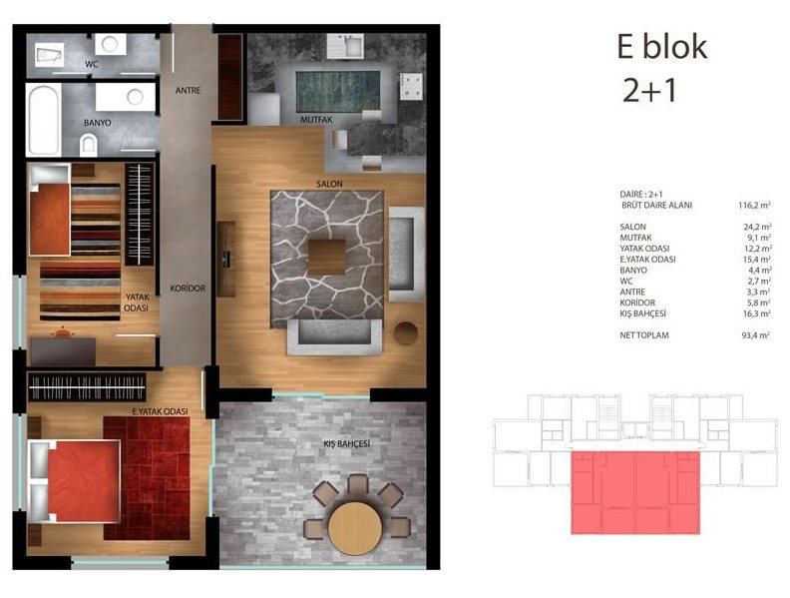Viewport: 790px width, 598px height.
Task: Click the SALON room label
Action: point(329,184)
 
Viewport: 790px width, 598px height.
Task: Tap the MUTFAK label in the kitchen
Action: point(316,120)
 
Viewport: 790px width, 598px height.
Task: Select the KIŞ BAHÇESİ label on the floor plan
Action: point(347,443)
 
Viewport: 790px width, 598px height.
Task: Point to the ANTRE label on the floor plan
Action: point(188,90)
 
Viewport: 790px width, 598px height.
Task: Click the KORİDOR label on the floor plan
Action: point(188,289)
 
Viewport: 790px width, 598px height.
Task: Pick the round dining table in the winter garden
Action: point(355,529)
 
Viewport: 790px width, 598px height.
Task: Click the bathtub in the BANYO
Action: point(44,120)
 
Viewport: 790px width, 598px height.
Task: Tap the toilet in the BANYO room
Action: point(88,145)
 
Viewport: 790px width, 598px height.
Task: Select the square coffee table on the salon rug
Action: point(326,257)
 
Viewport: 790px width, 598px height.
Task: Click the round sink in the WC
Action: point(110,44)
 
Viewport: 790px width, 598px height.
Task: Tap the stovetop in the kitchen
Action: point(411,85)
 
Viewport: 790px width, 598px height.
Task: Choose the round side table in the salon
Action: point(406,333)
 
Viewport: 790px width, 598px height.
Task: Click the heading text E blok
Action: point(662,47)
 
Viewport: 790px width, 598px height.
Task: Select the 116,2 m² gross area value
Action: point(754,206)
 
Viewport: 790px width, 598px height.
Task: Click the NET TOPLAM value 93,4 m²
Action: point(755,335)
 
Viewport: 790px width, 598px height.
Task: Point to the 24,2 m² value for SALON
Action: point(757,227)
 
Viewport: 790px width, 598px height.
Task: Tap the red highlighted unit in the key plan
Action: point(634,492)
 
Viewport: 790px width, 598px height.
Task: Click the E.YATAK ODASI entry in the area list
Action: point(647,260)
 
